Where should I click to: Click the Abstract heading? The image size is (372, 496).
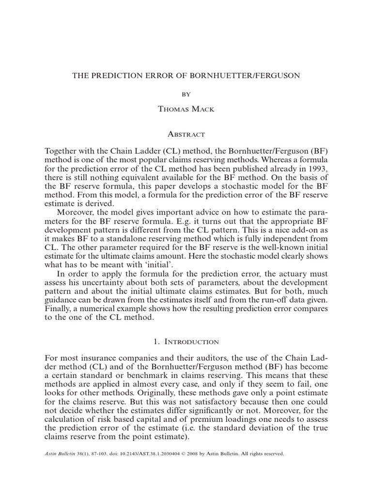point(186,135)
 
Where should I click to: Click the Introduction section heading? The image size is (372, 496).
point(186,342)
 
